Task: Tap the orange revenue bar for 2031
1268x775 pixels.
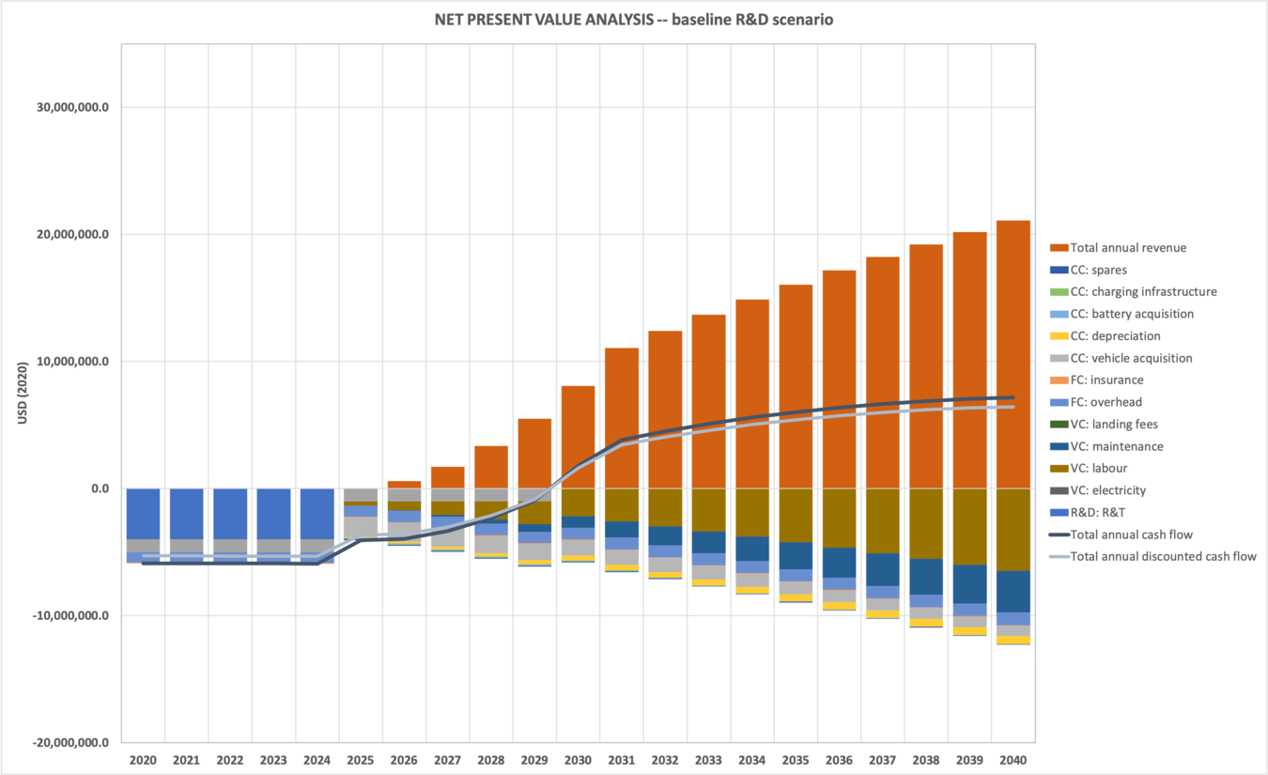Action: pos(622,418)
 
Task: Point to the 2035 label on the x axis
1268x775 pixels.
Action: pos(796,759)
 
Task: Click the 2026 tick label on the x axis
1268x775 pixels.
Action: pos(404,759)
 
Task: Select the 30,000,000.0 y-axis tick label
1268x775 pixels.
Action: pos(72,107)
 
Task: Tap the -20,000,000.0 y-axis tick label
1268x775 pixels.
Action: pos(71,743)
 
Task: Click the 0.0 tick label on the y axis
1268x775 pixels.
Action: pos(99,488)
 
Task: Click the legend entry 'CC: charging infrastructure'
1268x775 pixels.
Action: pos(1143,292)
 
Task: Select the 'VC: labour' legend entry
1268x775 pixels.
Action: pos(1098,469)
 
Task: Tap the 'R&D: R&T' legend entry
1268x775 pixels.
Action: pos(1100,513)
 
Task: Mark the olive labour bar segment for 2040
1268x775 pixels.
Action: pos(1013,529)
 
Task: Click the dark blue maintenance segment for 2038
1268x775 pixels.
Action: pos(926,577)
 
